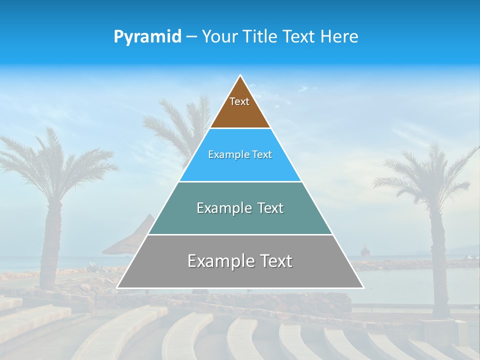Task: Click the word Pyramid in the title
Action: [147, 37]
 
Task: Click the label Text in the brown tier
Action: [239, 101]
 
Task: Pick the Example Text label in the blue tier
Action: [240, 154]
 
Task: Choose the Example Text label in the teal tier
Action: [240, 208]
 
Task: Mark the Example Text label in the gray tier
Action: [240, 261]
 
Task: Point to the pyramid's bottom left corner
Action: [117, 287]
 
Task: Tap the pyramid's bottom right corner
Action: [363, 287]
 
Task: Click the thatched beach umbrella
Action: [132, 235]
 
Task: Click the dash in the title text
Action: [191, 37]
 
